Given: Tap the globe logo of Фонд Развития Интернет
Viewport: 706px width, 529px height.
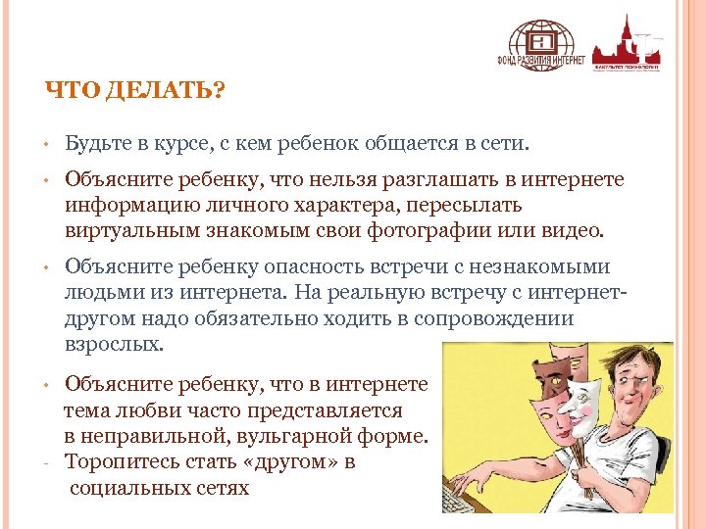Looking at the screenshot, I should (x=540, y=42).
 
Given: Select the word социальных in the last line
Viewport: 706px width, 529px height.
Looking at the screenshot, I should (x=125, y=487).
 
